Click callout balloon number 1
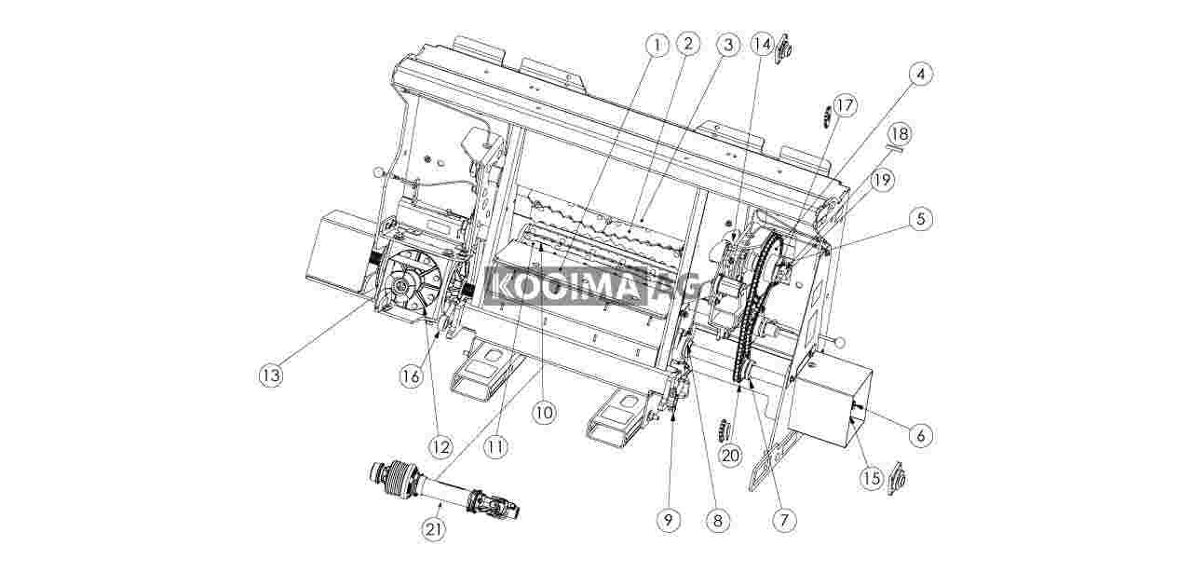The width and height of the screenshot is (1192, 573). point(657,46)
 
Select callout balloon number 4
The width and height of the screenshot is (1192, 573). point(921,75)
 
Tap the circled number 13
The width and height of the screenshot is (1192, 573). point(270,376)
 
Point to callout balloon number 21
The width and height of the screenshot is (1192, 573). point(434,530)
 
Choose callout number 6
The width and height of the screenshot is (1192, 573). point(921,436)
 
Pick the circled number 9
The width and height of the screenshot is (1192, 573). point(669,520)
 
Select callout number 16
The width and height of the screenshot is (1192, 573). point(412,376)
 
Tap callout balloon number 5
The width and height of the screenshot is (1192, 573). point(921,219)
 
